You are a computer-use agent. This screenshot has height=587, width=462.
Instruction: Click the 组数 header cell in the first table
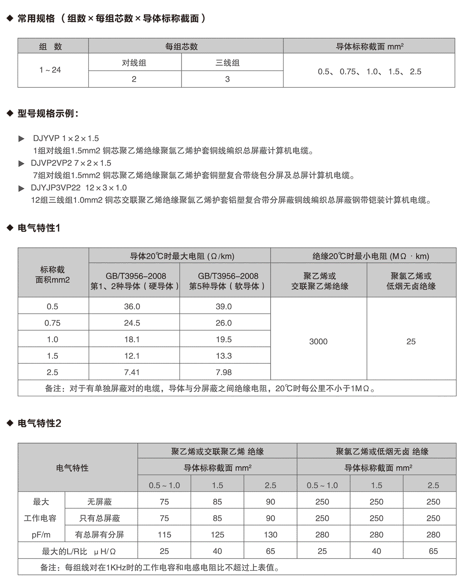[x=50, y=47]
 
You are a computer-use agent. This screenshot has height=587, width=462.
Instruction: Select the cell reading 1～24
[x=50, y=70]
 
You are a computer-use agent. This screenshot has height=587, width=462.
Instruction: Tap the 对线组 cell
[x=134, y=63]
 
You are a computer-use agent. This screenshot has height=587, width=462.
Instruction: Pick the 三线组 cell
[x=228, y=63]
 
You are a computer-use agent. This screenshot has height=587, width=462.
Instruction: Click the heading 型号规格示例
[x=48, y=113]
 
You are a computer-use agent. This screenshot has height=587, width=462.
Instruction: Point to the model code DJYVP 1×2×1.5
[x=66, y=138]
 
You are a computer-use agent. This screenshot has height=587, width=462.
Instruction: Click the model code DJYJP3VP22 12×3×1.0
[x=79, y=188]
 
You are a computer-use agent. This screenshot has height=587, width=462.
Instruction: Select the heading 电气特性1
[x=39, y=228]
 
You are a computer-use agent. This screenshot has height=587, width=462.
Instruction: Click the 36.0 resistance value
[x=132, y=306]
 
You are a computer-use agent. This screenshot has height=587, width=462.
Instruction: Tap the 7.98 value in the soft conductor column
[x=224, y=372]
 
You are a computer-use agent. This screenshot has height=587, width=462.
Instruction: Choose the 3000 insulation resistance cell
[x=318, y=341]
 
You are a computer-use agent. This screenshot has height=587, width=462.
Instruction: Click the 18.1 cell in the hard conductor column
[x=132, y=339]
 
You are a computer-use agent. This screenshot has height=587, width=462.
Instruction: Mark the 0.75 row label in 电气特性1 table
[x=52, y=323]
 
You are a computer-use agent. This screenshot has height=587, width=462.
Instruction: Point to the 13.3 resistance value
[x=224, y=356]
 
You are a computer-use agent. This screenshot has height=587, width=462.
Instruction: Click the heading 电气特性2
[x=39, y=423]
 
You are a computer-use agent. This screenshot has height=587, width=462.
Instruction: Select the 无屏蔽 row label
[x=100, y=502]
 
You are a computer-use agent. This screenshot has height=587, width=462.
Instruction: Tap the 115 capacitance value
[x=164, y=535]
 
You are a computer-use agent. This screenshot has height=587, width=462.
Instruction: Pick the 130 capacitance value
[x=270, y=535]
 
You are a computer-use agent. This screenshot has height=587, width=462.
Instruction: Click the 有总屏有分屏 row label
[x=100, y=535]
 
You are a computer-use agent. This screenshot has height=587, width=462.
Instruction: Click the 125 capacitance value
[x=218, y=535]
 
